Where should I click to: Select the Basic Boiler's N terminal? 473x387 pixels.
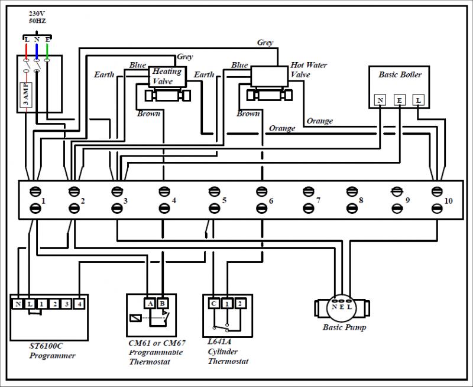380,100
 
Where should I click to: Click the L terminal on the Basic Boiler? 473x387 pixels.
418,100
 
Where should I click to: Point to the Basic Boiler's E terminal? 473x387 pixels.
399,100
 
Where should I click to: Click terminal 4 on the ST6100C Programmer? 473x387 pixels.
79,304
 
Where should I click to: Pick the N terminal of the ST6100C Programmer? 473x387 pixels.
18,304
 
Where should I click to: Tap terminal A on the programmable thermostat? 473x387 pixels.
150,304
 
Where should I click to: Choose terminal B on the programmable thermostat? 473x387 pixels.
163,304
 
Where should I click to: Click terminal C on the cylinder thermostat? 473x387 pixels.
213,304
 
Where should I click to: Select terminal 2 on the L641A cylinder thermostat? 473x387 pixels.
239,304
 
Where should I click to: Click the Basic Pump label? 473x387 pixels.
344,327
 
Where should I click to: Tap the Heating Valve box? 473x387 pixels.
167,76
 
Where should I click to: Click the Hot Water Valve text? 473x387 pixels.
308,70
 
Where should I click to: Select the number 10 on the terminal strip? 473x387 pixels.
448,201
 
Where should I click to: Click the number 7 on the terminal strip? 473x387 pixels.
318,201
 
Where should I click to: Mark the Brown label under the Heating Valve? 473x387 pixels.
148,113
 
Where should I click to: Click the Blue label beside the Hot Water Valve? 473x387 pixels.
239,65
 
